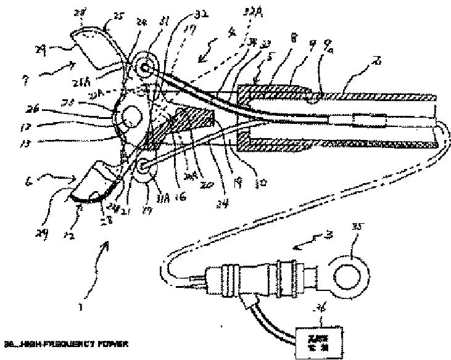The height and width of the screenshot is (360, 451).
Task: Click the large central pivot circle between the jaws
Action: [x=131, y=117]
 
